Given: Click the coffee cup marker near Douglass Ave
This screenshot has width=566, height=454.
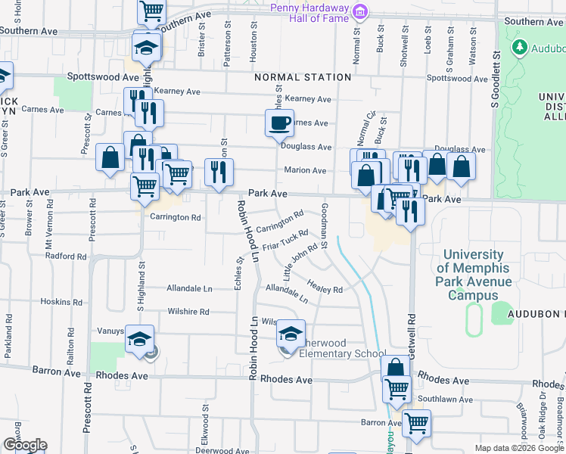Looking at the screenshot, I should click(x=279, y=123).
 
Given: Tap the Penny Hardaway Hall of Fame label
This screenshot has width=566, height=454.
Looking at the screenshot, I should click(x=309, y=12).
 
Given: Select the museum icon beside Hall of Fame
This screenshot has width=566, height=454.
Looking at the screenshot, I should click(x=361, y=11).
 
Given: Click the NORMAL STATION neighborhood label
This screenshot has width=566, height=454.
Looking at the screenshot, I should click(x=303, y=77).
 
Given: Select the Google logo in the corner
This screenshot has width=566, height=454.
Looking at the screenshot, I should click(x=24, y=445).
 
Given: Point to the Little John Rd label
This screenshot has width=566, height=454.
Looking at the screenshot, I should click(x=300, y=257).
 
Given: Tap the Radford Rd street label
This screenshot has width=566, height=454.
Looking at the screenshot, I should click(x=65, y=257).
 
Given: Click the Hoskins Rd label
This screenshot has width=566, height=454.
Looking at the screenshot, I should click(x=55, y=301).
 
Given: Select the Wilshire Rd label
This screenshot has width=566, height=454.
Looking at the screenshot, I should click(x=188, y=312).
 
